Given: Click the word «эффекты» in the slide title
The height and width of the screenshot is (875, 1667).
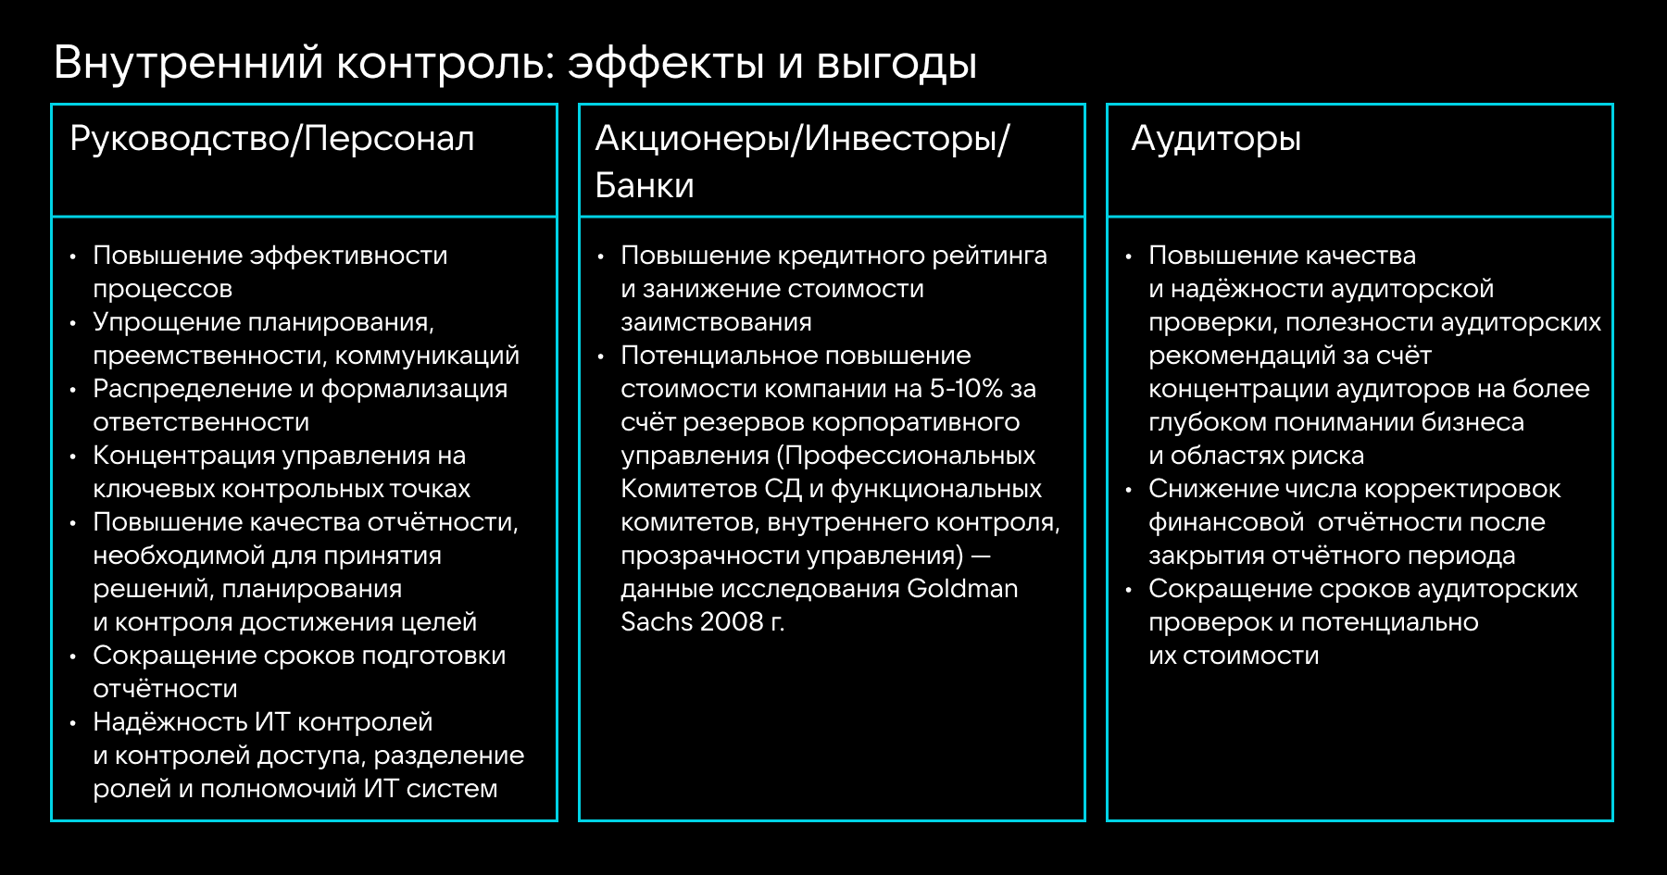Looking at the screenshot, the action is (665, 64).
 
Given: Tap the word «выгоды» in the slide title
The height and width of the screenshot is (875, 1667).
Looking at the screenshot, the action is (896, 64).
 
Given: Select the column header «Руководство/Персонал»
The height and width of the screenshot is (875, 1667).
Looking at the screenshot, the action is (272, 140).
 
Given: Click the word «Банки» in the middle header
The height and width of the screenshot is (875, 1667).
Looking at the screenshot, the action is (645, 186).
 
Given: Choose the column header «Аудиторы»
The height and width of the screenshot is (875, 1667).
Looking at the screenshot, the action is (1216, 140).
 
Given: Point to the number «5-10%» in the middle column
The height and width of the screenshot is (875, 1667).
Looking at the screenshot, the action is (966, 389).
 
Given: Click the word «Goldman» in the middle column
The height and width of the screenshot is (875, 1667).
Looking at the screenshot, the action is (962, 589).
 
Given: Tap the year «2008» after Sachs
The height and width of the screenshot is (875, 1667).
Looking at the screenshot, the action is (731, 622).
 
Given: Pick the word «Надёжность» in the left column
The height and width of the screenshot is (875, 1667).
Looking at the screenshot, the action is (170, 722).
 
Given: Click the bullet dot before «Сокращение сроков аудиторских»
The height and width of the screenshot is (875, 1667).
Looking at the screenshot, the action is (1128, 590).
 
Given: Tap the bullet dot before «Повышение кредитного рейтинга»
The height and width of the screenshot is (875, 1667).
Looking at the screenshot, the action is (600, 256).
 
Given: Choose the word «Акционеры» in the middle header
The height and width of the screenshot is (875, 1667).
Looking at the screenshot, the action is (696, 140).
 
